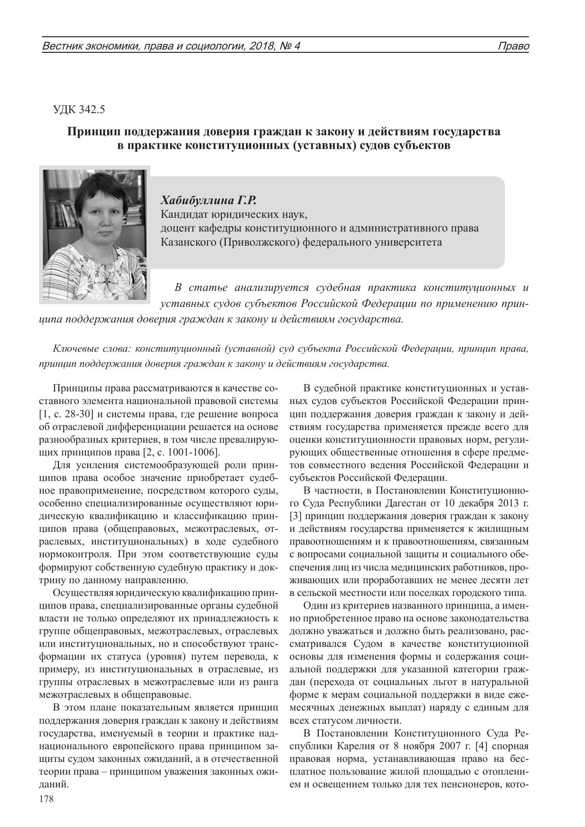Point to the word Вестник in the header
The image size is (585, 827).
click(x=59, y=46)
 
